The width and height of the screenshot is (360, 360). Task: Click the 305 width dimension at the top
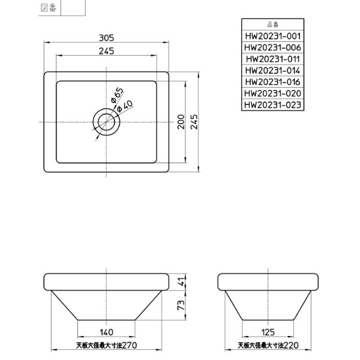click(107, 37)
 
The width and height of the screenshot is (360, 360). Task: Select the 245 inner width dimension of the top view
click(107, 51)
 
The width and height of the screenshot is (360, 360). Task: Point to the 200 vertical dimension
click(181, 122)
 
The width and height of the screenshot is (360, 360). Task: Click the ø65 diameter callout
click(117, 94)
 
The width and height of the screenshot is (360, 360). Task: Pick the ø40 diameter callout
click(125, 106)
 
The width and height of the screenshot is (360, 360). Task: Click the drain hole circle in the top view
click(107, 122)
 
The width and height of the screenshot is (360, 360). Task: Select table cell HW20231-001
click(272, 36)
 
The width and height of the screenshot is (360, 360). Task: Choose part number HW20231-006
click(272, 47)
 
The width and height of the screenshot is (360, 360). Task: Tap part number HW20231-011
click(272, 59)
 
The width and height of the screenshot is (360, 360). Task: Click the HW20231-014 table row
click(272, 70)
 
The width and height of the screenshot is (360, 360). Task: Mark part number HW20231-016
click(272, 82)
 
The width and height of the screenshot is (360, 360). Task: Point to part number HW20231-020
click(272, 93)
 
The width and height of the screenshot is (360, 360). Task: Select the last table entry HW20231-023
click(272, 104)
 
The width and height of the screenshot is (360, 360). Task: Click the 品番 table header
click(272, 25)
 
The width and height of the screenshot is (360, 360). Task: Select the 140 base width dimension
click(107, 332)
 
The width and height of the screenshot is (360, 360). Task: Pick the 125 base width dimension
click(268, 332)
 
